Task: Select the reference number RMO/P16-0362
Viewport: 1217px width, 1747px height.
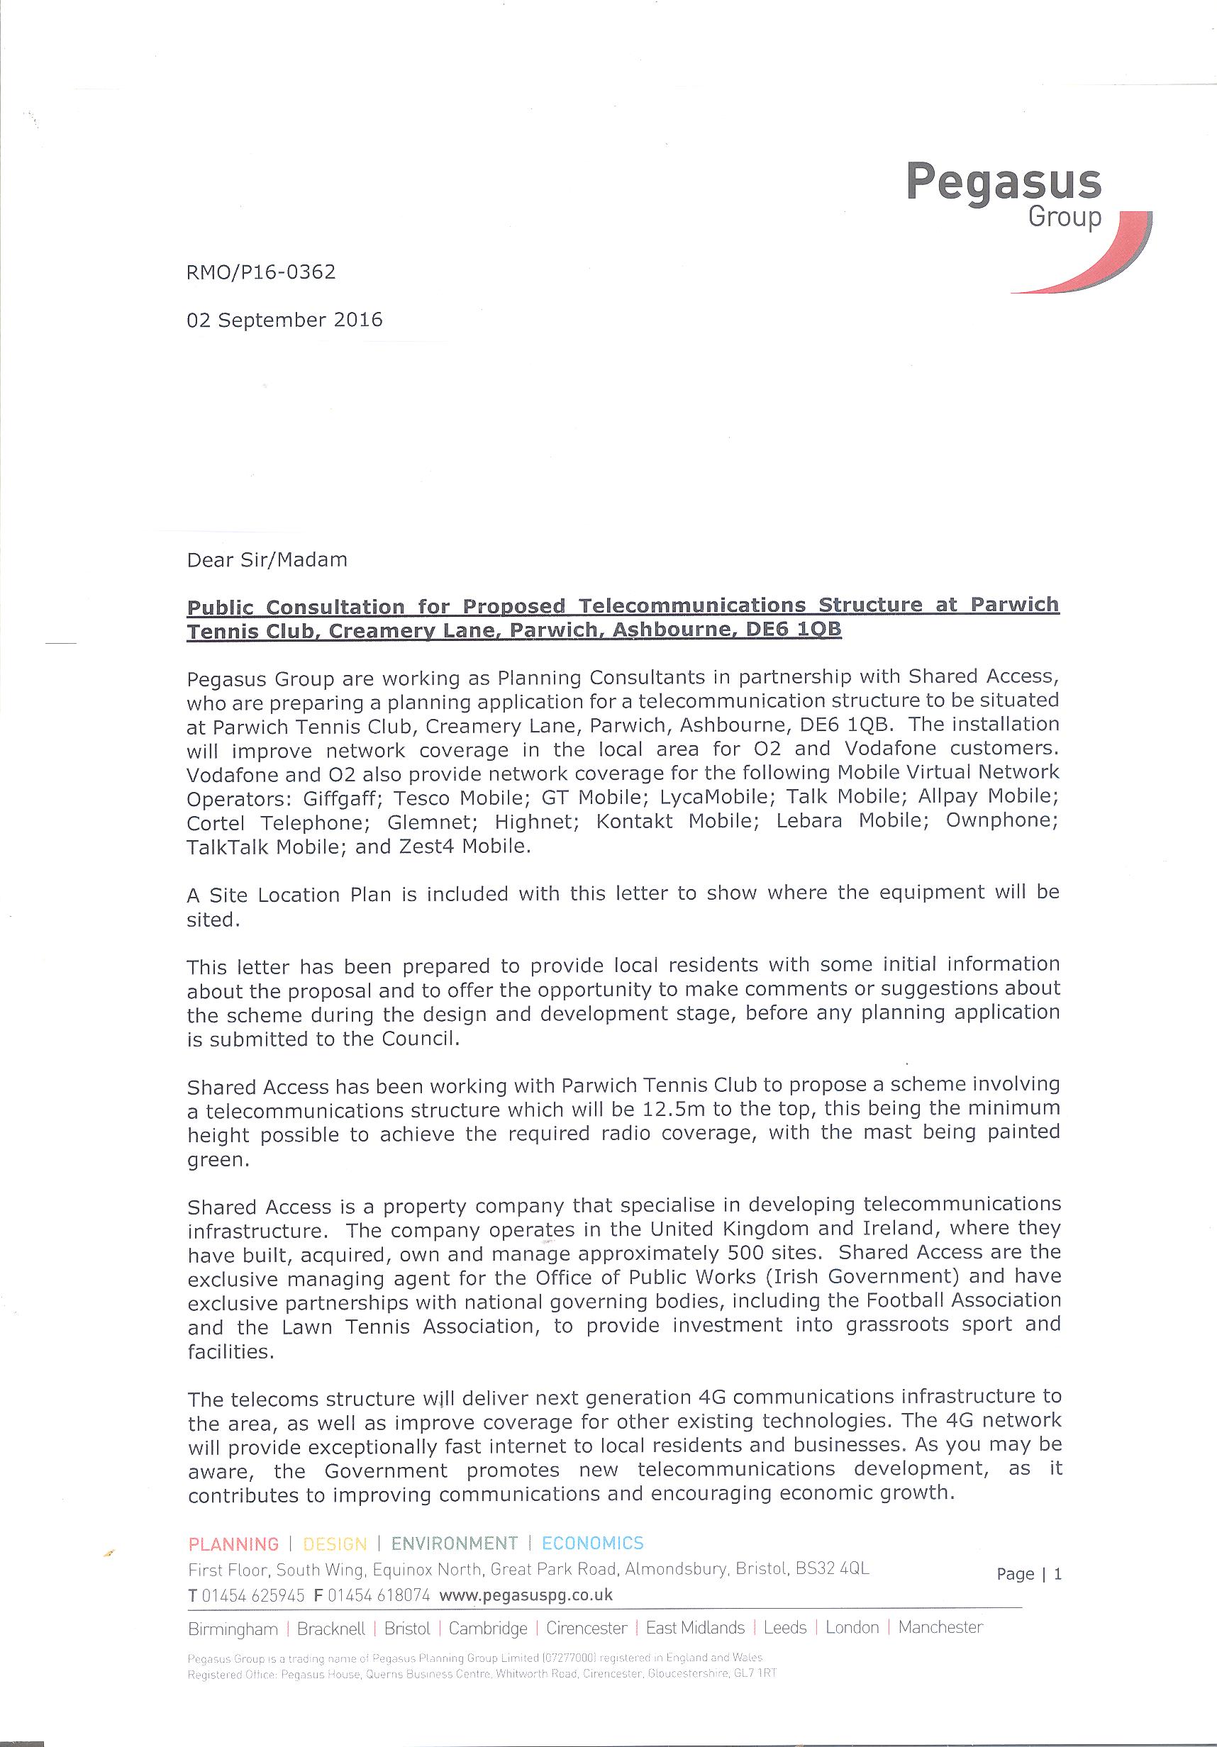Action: click(x=261, y=272)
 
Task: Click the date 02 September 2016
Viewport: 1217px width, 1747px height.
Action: click(x=284, y=320)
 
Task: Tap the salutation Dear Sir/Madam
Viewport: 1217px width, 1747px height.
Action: click(x=267, y=560)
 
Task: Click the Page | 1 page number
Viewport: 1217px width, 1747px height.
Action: click(x=1029, y=1573)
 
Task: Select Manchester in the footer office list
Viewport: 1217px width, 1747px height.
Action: click(x=940, y=1628)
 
